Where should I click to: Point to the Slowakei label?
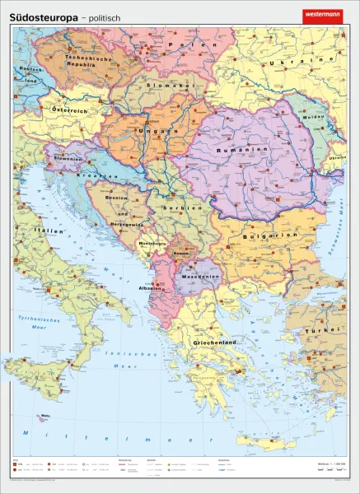(166, 85)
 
